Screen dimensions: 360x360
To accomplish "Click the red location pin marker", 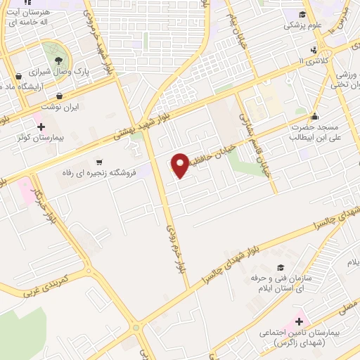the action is (181, 165).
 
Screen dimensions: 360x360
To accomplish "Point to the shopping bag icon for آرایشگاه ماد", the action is (18, 75).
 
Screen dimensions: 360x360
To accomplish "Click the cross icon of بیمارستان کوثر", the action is (41, 127).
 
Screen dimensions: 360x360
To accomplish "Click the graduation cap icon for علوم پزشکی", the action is (302, 14).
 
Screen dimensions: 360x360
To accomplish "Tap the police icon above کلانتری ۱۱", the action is (314, 50).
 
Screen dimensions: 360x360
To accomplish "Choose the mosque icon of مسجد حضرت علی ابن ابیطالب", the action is (314, 117).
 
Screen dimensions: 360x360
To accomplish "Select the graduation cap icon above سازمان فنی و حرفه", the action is (281, 267).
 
